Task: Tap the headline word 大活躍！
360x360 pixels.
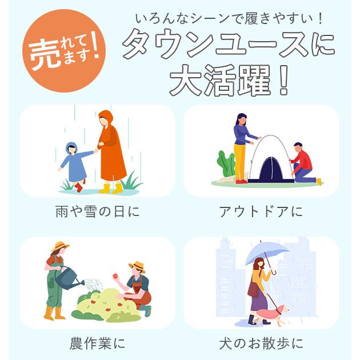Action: pyautogui.click(x=228, y=82)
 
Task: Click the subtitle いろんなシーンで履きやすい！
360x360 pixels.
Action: pyautogui.click(x=229, y=18)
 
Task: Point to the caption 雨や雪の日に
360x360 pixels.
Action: pyautogui.click(x=97, y=211)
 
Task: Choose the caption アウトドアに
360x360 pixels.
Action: pyautogui.click(x=261, y=211)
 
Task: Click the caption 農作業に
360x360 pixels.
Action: pyautogui.click(x=97, y=343)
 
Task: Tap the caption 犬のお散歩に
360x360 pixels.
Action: pyautogui.click(x=261, y=343)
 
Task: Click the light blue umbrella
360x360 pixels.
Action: pyautogui.click(x=267, y=251)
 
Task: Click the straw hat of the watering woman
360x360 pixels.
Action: pyautogui.click(x=59, y=247)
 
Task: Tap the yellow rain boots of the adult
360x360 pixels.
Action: pyautogui.click(x=111, y=187)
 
